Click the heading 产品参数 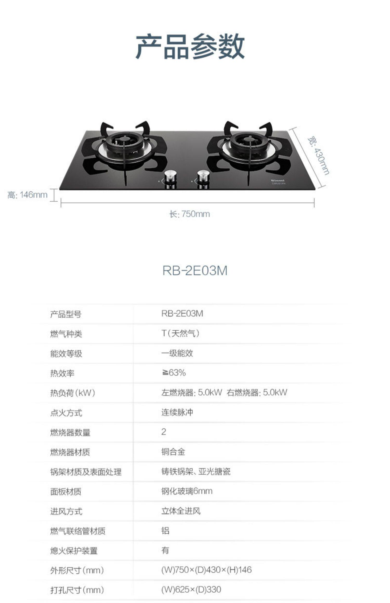[x=190, y=46]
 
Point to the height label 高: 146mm [x=27, y=195]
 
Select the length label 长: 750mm [x=190, y=214]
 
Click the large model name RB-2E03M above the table [x=195, y=271]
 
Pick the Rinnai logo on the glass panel [x=278, y=180]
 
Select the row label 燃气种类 [x=66, y=334]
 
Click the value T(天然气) [x=180, y=333]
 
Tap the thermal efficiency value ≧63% [x=173, y=373]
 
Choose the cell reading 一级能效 [x=177, y=353]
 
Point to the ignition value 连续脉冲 [x=177, y=412]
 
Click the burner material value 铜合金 [x=173, y=452]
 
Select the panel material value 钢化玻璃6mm [x=187, y=491]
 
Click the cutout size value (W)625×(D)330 [x=191, y=589]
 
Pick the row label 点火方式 [x=66, y=413]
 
